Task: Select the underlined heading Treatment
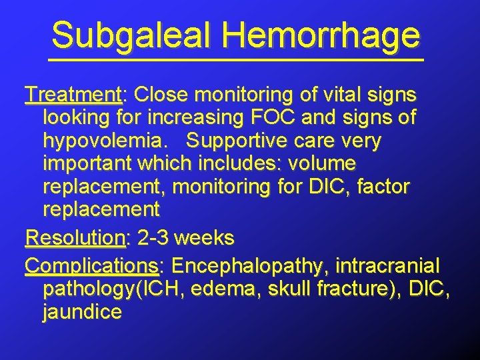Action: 73,94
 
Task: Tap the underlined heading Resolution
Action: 75,237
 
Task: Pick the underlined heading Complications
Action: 92,266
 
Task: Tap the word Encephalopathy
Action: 247,266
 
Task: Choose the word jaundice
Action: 82,312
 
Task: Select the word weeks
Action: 207,237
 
